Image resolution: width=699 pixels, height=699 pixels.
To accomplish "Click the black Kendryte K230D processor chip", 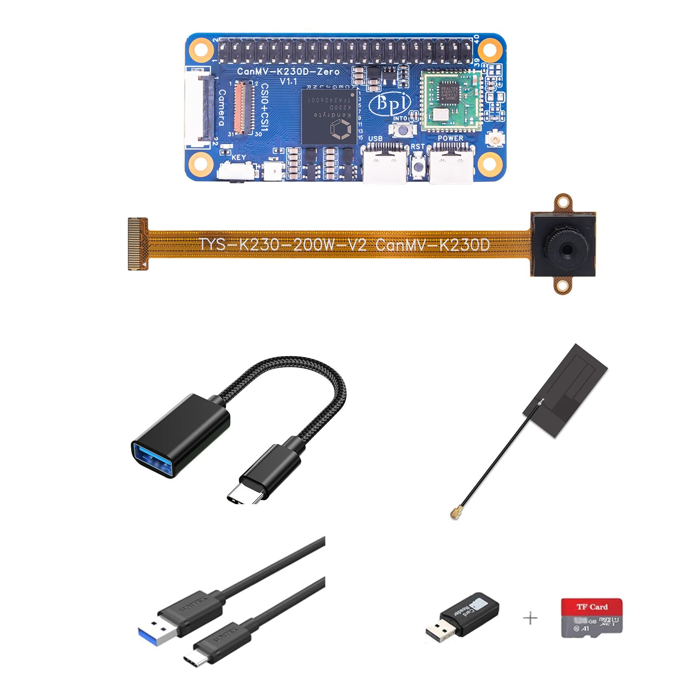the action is coord(329,116).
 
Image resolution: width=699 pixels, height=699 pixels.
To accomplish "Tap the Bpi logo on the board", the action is coord(390,104).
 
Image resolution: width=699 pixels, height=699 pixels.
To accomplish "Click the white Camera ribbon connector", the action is coord(199,107).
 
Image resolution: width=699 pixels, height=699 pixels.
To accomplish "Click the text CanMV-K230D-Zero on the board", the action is coord(288,71).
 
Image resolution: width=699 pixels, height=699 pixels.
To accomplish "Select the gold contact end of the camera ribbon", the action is coord(137,244).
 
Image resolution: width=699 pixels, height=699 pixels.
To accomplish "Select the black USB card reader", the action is coord(463,615).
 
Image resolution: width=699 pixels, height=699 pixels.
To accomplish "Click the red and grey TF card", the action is coord(592,617).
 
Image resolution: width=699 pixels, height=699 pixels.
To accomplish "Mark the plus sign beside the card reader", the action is coord(530,618).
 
